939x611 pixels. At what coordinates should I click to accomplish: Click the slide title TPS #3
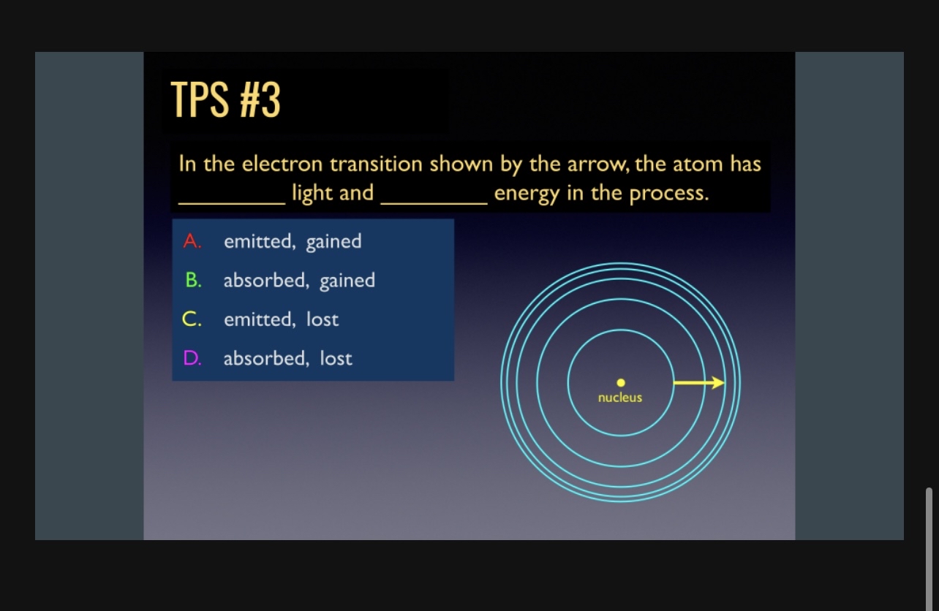tap(225, 100)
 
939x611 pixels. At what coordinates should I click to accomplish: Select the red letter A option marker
tap(192, 241)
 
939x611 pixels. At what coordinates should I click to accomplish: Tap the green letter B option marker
tap(192, 281)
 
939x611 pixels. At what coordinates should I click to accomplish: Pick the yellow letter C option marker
tap(192, 319)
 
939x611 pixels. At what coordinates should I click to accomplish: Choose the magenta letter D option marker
tap(192, 358)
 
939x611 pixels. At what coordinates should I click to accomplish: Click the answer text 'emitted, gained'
tap(293, 241)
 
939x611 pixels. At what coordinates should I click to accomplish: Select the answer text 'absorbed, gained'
tap(299, 281)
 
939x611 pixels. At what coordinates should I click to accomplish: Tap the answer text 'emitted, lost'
tap(282, 319)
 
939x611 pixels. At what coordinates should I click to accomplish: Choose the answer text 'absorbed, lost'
tap(288, 358)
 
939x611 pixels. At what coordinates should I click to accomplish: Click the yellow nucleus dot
tap(620, 382)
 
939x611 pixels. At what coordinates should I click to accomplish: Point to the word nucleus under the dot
tap(620, 398)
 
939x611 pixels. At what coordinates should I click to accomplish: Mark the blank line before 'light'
tap(232, 202)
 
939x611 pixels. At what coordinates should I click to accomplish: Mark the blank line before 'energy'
tap(434, 202)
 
